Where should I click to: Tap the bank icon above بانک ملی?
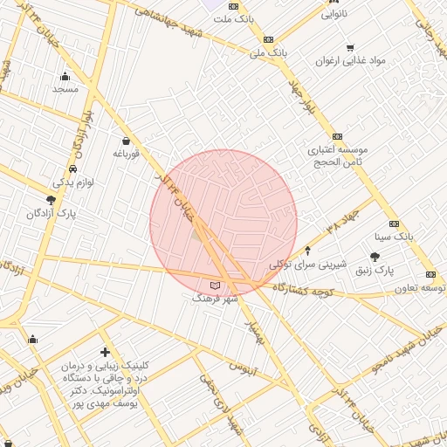(267, 39)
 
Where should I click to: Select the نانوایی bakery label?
(334, 15)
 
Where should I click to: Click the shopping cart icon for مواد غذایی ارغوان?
(350, 48)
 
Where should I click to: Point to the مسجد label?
(65, 89)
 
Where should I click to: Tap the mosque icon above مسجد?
(65, 76)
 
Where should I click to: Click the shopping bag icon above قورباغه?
(127, 141)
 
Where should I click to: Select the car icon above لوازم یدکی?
(72, 169)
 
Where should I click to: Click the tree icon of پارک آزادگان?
(51, 200)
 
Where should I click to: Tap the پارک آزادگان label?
(52, 213)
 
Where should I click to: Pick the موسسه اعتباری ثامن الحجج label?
(336, 156)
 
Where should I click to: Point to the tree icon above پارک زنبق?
(375, 257)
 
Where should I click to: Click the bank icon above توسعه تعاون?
(430, 274)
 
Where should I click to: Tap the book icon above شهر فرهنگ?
(216, 285)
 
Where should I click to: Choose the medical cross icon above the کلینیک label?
(106, 352)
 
